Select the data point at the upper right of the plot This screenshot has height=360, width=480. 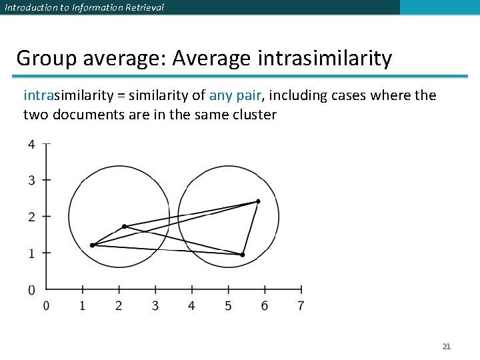pyautogui.click(x=258, y=201)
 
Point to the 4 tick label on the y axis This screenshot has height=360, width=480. pyautogui.click(x=31, y=144)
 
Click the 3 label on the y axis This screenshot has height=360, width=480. pyautogui.click(x=31, y=180)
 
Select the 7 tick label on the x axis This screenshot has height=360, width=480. pyautogui.click(x=301, y=306)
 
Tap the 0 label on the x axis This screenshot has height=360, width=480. pyautogui.click(x=46, y=306)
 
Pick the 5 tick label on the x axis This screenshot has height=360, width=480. pyautogui.click(x=228, y=306)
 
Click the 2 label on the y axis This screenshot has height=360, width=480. pyautogui.click(x=31, y=217)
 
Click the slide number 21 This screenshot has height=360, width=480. pyautogui.click(x=447, y=346)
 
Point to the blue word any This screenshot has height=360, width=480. pyautogui.click(x=221, y=95)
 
